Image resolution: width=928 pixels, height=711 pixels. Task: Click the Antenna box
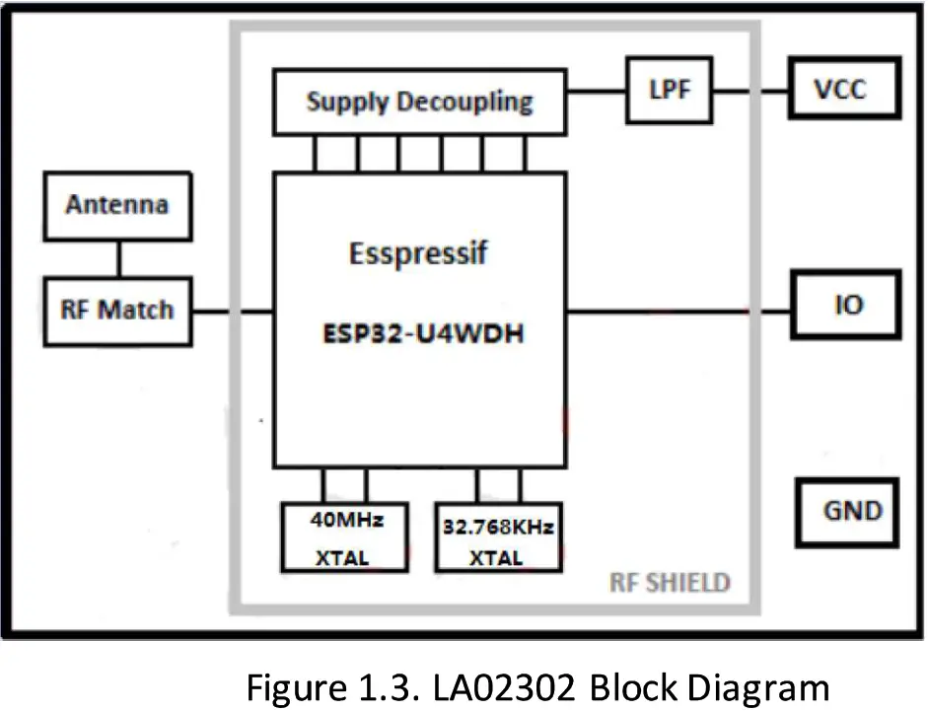coord(117,205)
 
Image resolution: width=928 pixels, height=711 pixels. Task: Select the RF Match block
coord(117,311)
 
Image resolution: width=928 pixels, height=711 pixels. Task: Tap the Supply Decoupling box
coord(419,102)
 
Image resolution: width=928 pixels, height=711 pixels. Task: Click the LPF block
coord(670,90)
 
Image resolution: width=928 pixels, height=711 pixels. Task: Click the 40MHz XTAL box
coord(344,536)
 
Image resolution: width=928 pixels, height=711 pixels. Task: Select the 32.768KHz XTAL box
coord(495,536)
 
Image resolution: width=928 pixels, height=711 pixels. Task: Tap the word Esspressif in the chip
coord(418,253)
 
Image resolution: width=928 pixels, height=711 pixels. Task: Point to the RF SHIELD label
coord(670,583)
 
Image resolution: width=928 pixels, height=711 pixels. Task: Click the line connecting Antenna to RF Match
coord(118,257)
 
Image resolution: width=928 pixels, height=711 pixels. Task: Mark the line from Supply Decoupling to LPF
coord(597,90)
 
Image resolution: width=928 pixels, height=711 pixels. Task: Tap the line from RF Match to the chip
coord(232,312)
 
